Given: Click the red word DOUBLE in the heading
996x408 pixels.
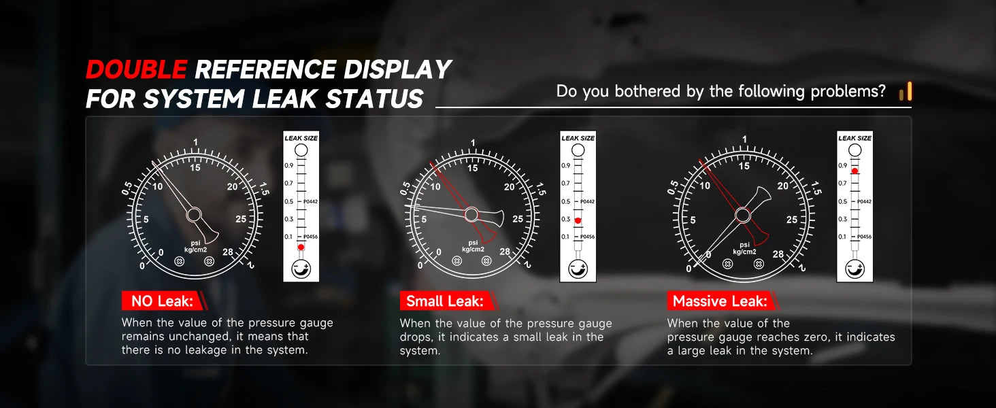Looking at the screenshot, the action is [136, 69].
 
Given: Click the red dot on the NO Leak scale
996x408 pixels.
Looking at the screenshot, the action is [301, 247].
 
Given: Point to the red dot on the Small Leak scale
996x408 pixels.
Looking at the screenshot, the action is [578, 220].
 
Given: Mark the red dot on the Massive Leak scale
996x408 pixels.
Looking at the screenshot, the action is [854, 171].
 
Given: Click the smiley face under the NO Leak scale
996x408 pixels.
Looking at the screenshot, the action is [301, 269].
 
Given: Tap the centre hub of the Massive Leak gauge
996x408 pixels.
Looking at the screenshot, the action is [742, 216].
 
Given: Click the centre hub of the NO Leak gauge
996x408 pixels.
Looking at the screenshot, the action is [194, 215].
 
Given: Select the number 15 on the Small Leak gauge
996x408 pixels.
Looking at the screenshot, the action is [473, 168].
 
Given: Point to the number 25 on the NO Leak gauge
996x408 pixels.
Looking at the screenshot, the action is [241, 219].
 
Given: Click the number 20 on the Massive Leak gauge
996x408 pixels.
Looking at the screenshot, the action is [782, 186].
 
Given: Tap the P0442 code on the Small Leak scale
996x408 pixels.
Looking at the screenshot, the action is [587, 201].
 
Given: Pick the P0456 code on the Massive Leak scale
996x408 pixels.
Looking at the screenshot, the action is [865, 237].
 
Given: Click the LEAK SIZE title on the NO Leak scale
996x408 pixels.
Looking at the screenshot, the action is [301, 138].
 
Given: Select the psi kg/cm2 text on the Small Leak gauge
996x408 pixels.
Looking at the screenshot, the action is [473, 245].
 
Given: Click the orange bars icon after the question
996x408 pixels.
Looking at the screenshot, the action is [906, 92].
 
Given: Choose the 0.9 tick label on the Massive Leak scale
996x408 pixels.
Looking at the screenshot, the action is [843, 165].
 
